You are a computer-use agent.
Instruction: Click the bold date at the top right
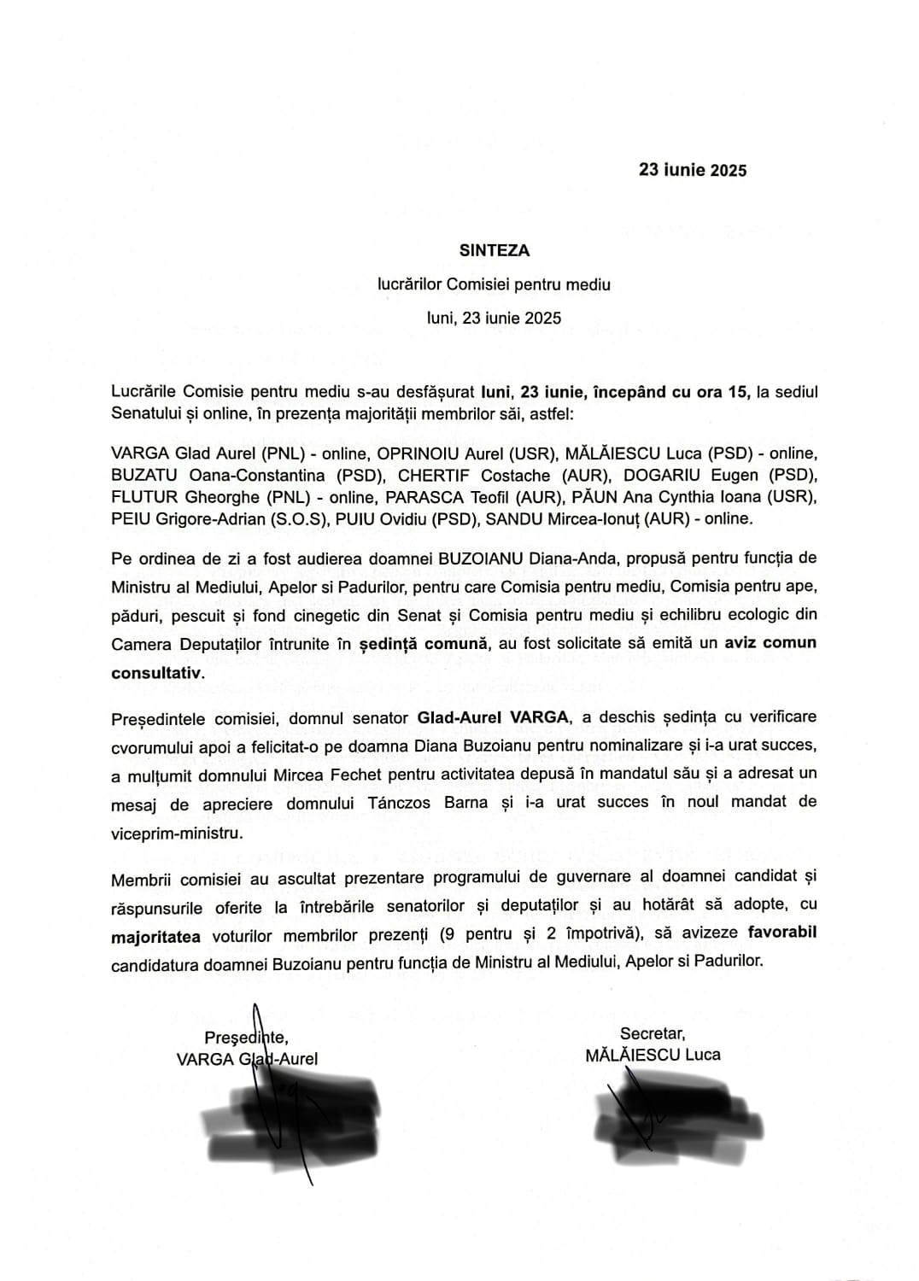[693, 170]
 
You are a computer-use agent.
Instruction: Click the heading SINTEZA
[494, 250]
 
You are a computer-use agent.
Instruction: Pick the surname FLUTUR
[140, 496]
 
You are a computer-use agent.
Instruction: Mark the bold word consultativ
[158, 673]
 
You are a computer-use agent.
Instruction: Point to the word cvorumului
[149, 746]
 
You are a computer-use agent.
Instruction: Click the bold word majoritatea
[155, 937]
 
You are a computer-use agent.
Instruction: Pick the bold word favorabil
[781, 932]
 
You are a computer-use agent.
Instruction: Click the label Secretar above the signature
[653, 1032]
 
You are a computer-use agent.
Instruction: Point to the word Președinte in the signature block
[246, 1037]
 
